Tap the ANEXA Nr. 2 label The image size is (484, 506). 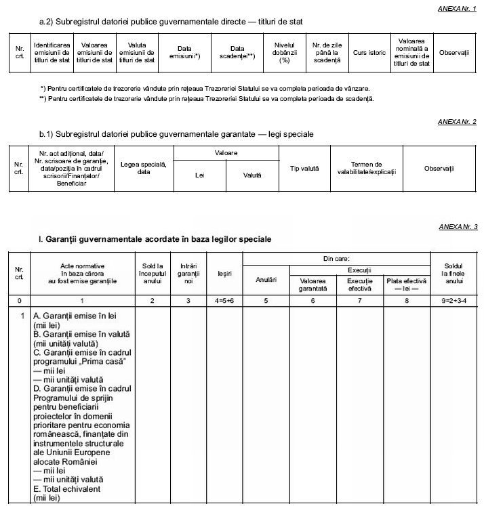click(x=458, y=121)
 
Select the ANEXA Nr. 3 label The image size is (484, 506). click(x=458, y=226)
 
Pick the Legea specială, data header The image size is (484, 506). click(x=143, y=168)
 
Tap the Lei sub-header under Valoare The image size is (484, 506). click(x=199, y=175)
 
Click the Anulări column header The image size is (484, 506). click(x=266, y=280)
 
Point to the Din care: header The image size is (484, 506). click(x=336, y=259)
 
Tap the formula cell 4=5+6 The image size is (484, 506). click(x=224, y=299)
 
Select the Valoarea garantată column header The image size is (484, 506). click(x=312, y=284)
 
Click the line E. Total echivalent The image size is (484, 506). click(x=62, y=488)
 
